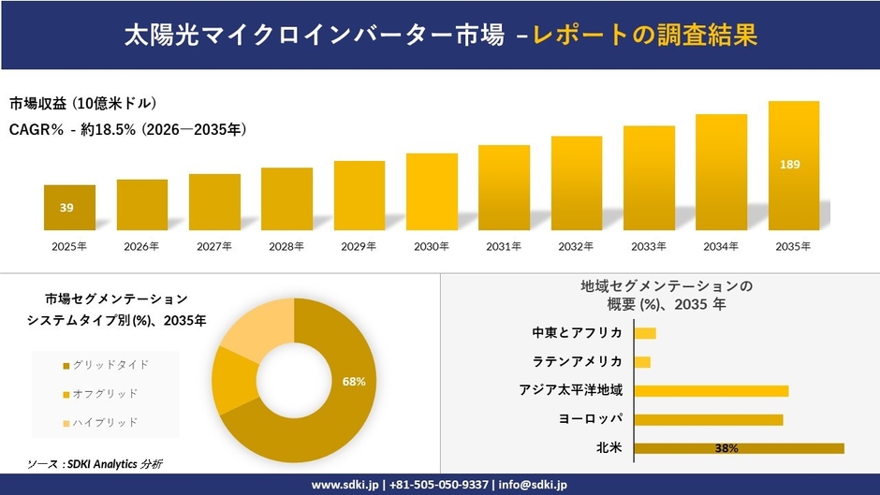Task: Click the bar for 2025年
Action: pos(69,208)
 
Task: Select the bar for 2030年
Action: pos(432,192)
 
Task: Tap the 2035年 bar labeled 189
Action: pos(794,166)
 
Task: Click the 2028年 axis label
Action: pos(286,247)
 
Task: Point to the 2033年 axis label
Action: pos(649,247)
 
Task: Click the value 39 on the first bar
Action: pos(66,208)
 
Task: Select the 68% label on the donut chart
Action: pos(354,382)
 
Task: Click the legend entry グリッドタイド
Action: pos(110,364)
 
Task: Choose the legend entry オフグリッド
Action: pos(105,393)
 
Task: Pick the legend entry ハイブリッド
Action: pos(105,423)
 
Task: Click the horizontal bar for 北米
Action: pos(739,448)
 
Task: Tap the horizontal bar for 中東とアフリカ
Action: pos(645,333)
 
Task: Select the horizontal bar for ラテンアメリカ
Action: pos(642,362)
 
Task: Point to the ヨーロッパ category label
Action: pos(590,419)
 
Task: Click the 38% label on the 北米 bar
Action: pos(726,448)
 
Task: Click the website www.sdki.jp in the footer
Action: pos(345,485)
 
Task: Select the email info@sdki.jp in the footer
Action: pos(532,485)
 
